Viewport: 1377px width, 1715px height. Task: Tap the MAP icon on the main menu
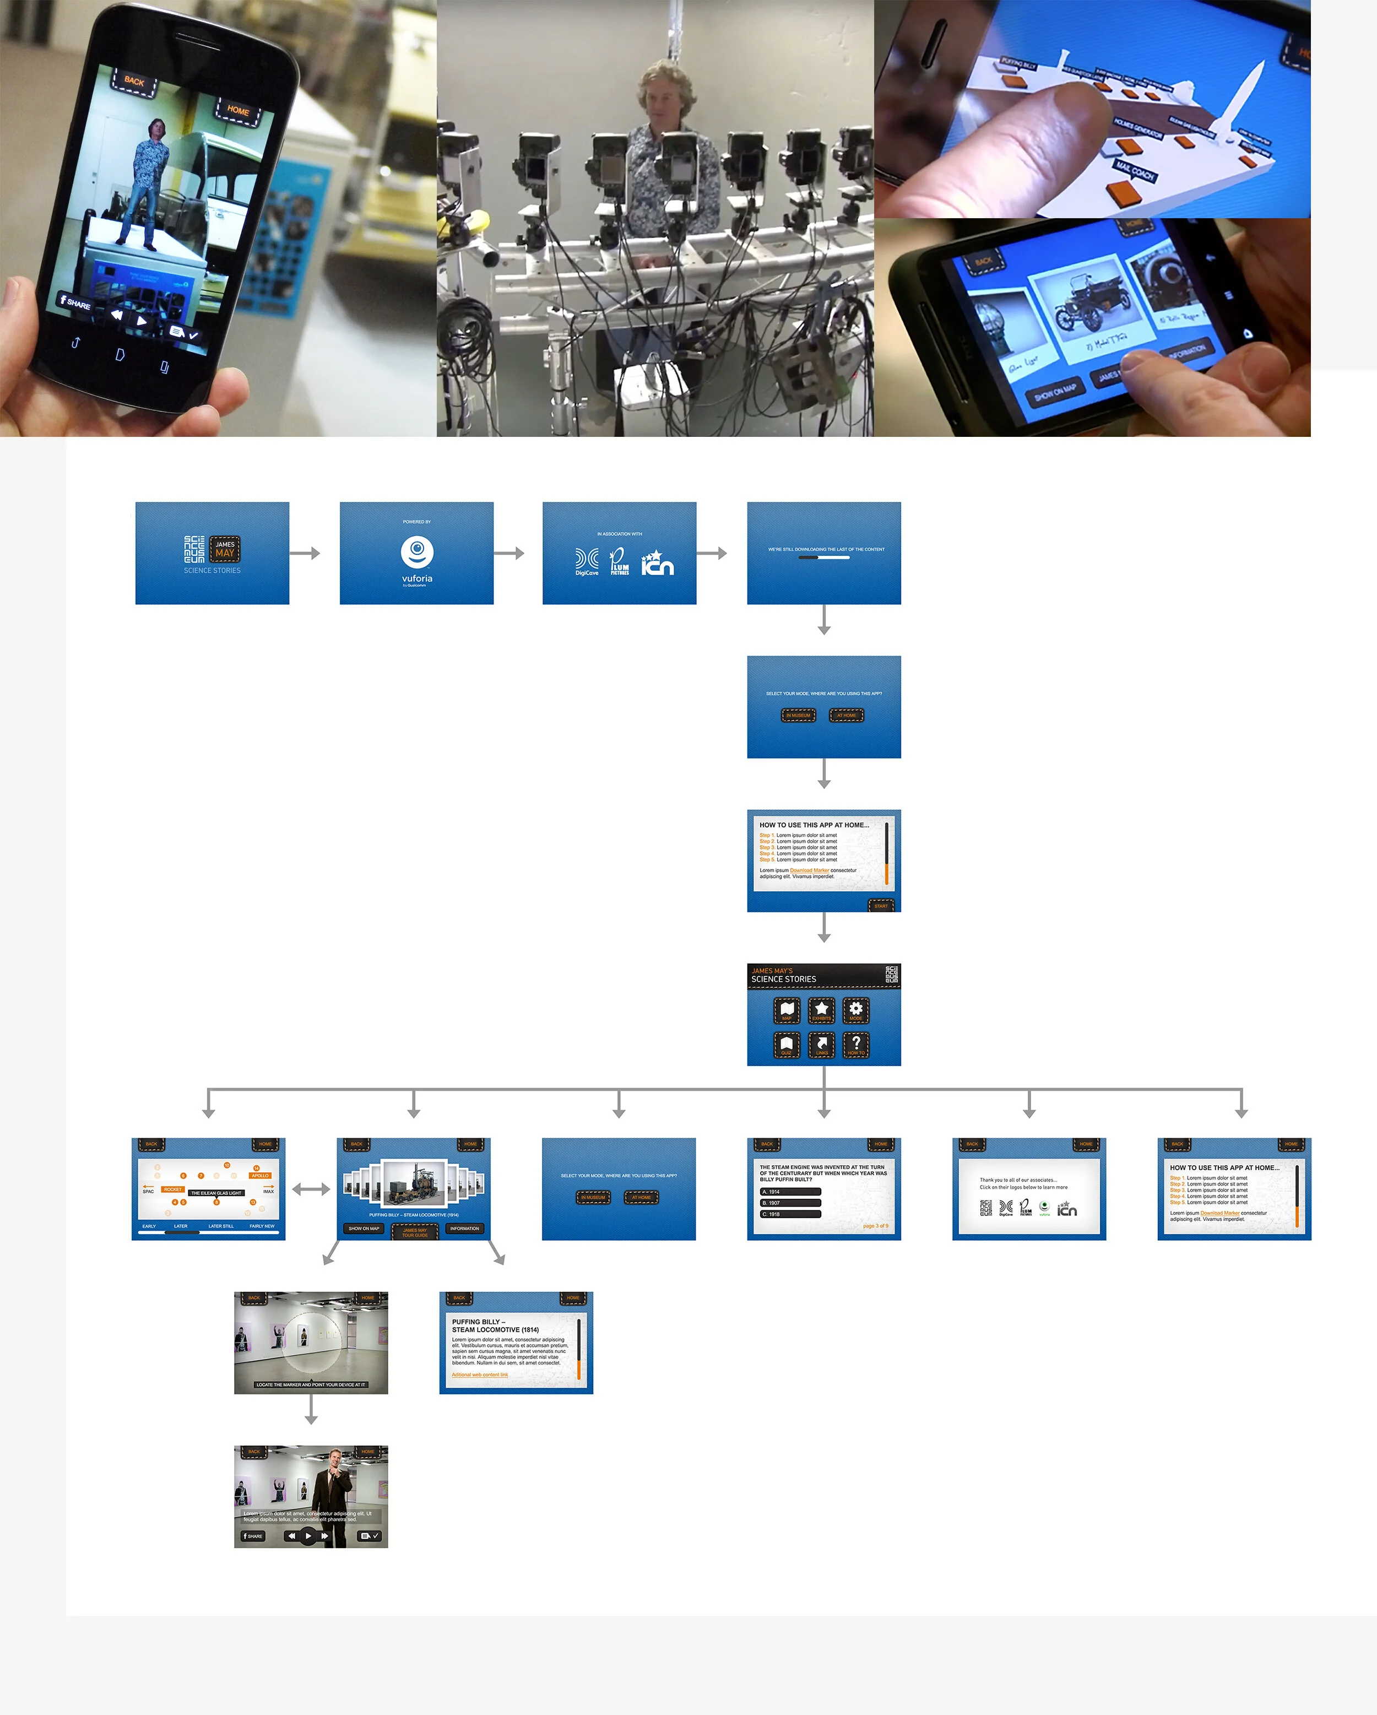pos(787,1010)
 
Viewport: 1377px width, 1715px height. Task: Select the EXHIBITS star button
pos(822,1010)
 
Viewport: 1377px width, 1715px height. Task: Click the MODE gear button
pos(856,1010)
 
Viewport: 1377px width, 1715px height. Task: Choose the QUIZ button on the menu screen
pos(787,1045)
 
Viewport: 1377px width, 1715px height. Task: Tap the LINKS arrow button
pos(822,1045)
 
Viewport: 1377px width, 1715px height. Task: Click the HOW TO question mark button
pos(856,1045)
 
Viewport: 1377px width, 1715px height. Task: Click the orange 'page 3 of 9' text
pos(875,1226)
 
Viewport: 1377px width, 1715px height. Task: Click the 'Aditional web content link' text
pos(480,1375)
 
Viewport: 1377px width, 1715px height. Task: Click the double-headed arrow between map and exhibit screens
pos(311,1189)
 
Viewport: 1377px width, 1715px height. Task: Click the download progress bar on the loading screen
pos(824,558)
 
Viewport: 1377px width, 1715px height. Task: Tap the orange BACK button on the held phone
pos(134,81)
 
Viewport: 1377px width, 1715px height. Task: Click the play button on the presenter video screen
pos(308,1536)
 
